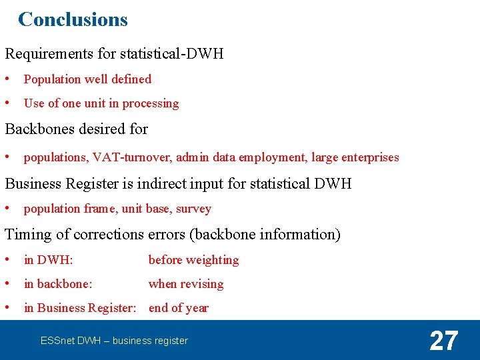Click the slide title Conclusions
pyautogui.click(x=73, y=19)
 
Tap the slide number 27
pyautogui.click(x=443, y=341)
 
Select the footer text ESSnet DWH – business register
pyautogui.click(x=114, y=341)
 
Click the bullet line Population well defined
pyautogui.click(x=87, y=79)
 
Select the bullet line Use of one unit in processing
pyautogui.click(x=101, y=103)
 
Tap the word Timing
pyautogui.click(x=26, y=234)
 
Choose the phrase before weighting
pyautogui.click(x=193, y=260)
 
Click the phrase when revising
pyautogui.click(x=186, y=284)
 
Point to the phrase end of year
pyautogui.click(x=179, y=308)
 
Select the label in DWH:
pyautogui.click(x=48, y=260)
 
